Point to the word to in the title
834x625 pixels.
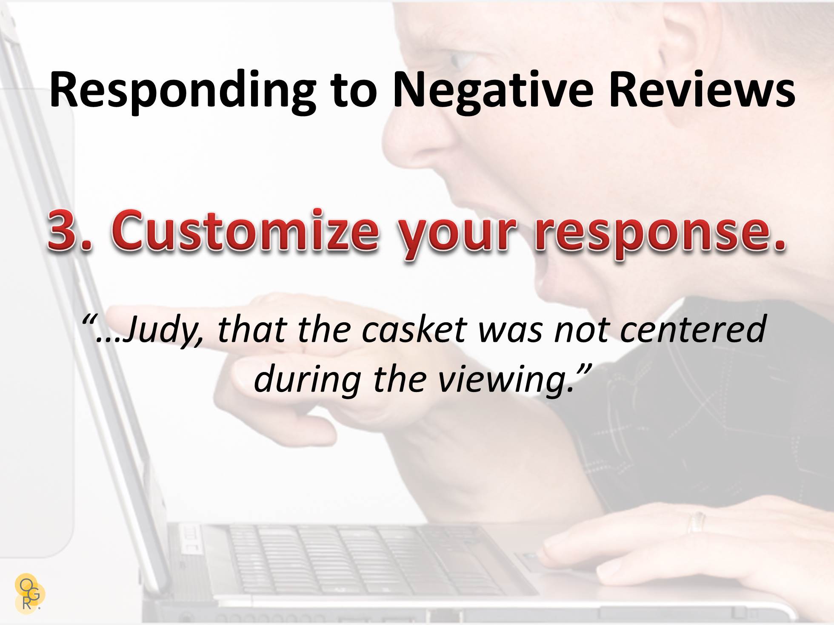(x=354, y=90)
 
